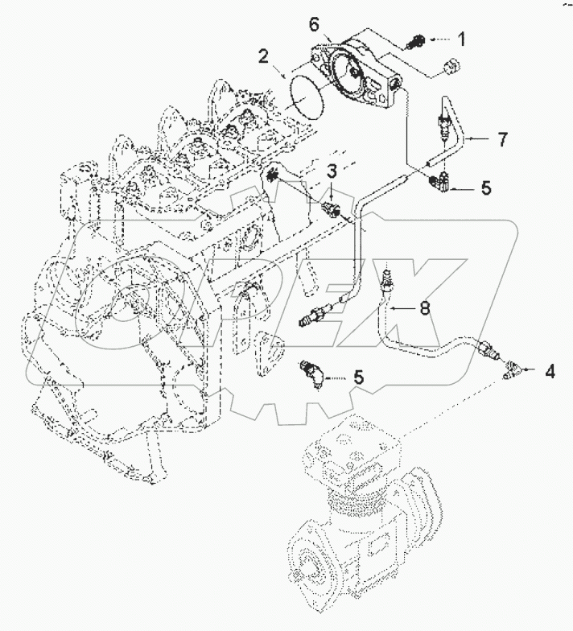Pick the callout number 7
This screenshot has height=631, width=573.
click(x=502, y=139)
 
